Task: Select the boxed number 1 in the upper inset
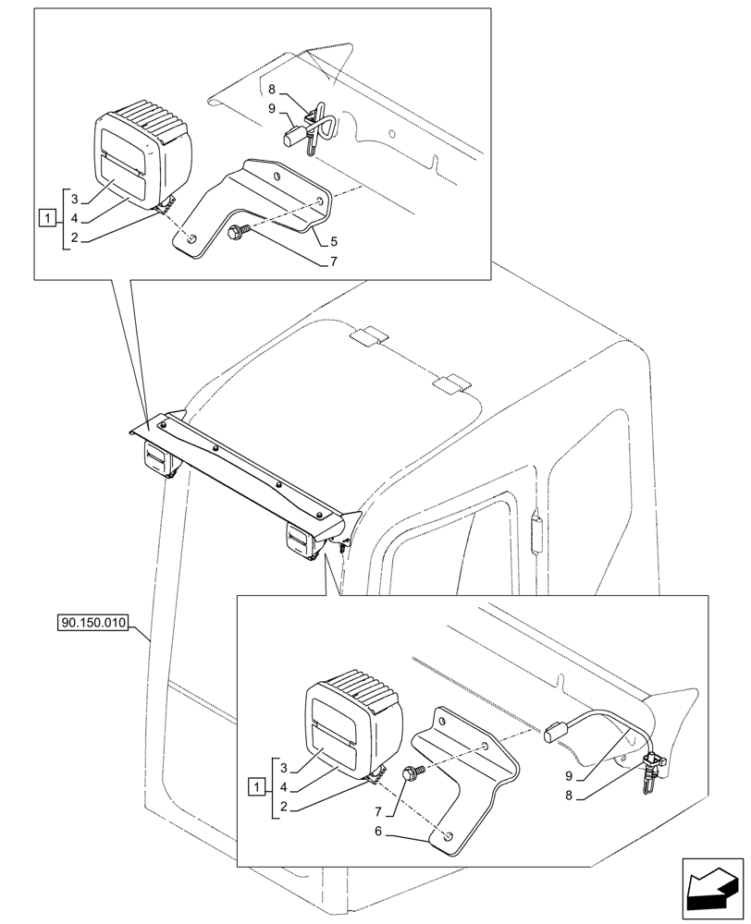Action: click(x=45, y=218)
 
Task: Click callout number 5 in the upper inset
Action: click(x=332, y=242)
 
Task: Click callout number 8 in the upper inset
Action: click(x=272, y=90)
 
